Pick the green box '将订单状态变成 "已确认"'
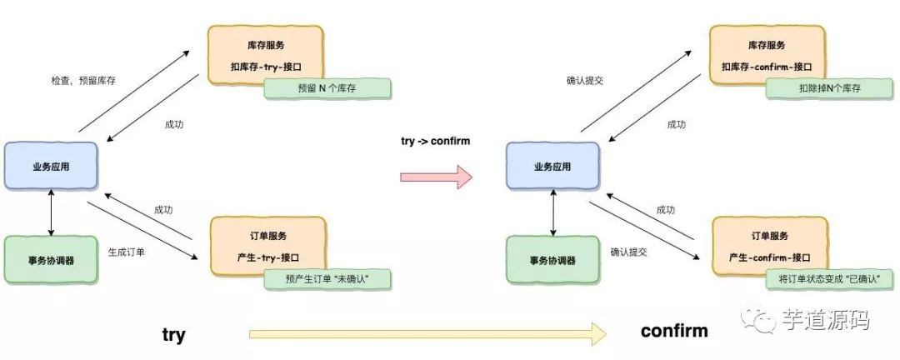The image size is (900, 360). click(829, 279)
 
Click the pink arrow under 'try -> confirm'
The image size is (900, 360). click(436, 177)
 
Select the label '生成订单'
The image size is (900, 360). click(127, 251)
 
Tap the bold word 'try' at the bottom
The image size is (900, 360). click(173, 335)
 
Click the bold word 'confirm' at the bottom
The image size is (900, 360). click(674, 331)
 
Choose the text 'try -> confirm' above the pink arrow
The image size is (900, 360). click(436, 142)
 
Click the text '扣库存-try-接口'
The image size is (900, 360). click(263, 67)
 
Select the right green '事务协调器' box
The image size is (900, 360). click(552, 260)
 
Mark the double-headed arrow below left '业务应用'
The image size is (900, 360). click(52, 213)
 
